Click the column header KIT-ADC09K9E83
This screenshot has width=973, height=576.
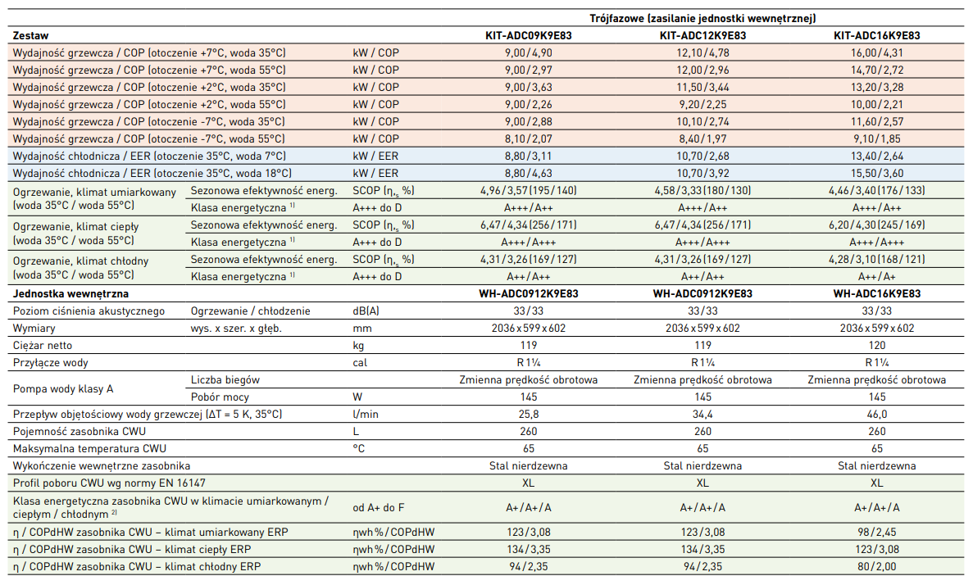pos(529,35)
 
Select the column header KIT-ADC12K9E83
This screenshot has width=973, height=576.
pos(702,35)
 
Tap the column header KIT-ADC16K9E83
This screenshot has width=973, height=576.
pos(876,35)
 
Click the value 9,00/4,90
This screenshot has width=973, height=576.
pos(529,52)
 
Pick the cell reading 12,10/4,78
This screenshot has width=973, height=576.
pos(702,52)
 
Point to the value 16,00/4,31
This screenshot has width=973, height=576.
pos(876,52)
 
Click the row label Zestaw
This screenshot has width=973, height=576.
pos(31,35)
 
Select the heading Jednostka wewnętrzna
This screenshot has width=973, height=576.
pos(70,293)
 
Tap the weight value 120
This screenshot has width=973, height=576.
pos(876,345)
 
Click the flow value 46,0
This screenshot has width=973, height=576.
pos(876,415)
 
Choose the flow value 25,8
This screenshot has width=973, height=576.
pos(529,415)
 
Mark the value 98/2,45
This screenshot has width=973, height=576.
pos(876,532)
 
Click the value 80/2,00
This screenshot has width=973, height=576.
pos(876,566)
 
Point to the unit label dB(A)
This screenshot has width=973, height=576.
pos(366,311)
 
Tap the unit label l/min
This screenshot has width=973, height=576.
pos(366,415)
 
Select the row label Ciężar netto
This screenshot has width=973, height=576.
pos(48,345)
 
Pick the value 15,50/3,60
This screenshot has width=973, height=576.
pos(876,173)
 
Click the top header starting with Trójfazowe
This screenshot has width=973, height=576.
pos(702,18)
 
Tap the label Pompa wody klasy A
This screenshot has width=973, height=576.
pos(65,388)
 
